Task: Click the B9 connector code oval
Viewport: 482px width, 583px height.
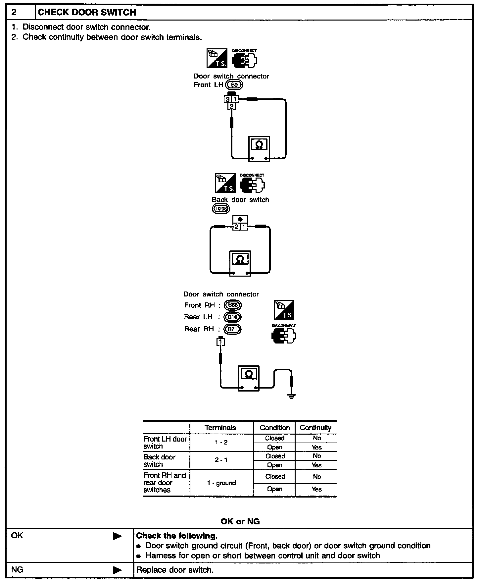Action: pyautogui.click(x=234, y=85)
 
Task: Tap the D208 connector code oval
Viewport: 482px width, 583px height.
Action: pyautogui.click(x=220, y=209)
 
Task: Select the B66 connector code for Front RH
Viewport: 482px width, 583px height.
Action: pyautogui.click(x=233, y=305)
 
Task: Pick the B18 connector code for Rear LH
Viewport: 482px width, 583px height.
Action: pyautogui.click(x=233, y=317)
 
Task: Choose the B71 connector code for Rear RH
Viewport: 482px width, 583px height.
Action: pyautogui.click(x=233, y=329)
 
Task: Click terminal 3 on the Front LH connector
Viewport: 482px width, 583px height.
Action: pyautogui.click(x=228, y=99)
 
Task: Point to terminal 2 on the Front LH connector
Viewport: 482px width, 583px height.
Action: pyautogui.click(x=232, y=106)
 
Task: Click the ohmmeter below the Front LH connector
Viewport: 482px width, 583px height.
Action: pyautogui.click(x=259, y=149)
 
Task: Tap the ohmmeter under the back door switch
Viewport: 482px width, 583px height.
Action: pyautogui.click(x=240, y=263)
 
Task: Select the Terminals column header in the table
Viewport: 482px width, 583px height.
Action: pyautogui.click(x=220, y=428)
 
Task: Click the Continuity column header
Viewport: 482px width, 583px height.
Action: pyautogui.click(x=315, y=428)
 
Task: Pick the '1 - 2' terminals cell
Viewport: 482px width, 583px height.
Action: pyautogui.click(x=221, y=443)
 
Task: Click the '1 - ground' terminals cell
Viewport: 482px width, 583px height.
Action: pyautogui.click(x=221, y=483)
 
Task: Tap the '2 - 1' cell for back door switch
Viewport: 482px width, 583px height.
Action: pyautogui.click(x=221, y=460)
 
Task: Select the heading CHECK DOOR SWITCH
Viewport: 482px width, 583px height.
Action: pyautogui.click(x=87, y=12)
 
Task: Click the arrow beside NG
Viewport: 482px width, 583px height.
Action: pyautogui.click(x=117, y=570)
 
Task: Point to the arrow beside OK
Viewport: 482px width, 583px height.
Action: pyautogui.click(x=117, y=536)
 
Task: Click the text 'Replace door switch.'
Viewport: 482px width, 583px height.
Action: pyautogui.click(x=175, y=570)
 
